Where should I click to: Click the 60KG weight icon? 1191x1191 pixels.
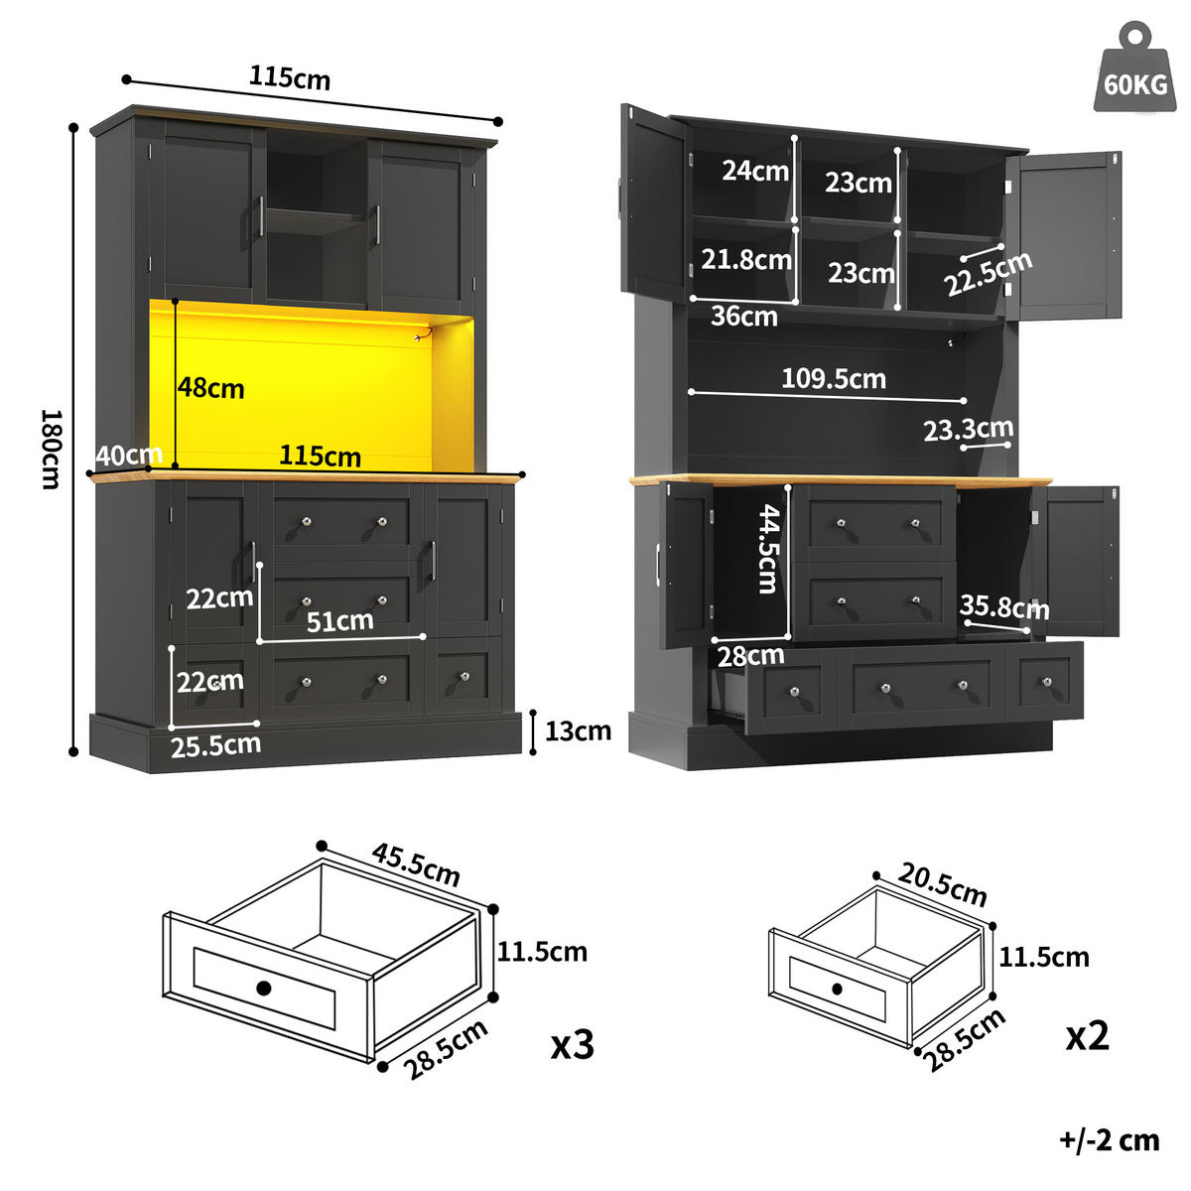1135,70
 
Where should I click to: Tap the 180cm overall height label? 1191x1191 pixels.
51,449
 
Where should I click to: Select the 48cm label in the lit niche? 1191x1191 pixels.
211,388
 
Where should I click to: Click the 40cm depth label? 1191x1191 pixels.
129,456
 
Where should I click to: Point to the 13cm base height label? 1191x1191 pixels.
578,731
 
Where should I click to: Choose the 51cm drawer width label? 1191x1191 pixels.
339,621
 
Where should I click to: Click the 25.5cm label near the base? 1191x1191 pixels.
215,745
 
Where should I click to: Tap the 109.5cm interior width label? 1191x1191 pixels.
833,378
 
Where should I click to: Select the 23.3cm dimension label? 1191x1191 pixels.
968,429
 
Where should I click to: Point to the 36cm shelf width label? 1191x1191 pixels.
743,317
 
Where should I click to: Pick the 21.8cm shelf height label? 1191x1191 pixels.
746,260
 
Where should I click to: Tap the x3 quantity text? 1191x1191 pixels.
573,1044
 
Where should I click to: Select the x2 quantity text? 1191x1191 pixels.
1088,1036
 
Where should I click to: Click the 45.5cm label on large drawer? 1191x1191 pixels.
417,864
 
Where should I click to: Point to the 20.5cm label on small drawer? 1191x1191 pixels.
943,884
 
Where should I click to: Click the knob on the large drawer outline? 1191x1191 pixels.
263,988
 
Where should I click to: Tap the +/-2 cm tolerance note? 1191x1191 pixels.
1109,1140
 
